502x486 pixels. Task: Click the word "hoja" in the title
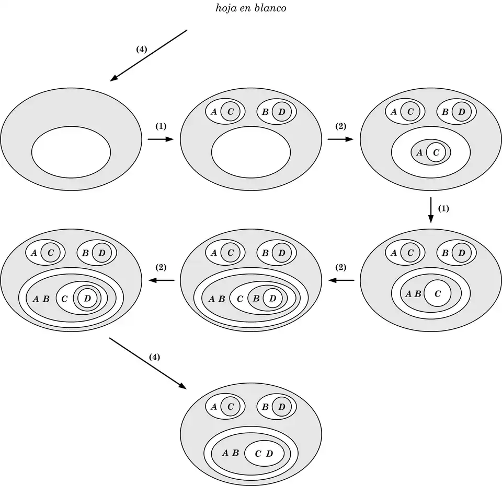coord(226,8)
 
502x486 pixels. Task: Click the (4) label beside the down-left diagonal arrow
coord(141,49)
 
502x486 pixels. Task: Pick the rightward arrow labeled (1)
coord(160,139)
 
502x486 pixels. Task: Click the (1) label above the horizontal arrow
coord(161,126)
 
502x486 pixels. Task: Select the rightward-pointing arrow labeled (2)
coord(340,139)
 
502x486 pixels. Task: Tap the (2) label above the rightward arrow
coord(340,126)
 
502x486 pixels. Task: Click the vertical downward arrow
coord(430,210)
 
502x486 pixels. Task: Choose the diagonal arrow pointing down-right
coord(148,363)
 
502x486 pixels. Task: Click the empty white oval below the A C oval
coord(251,152)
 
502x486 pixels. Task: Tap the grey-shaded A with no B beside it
coord(419,152)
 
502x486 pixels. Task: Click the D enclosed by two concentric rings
coord(87,298)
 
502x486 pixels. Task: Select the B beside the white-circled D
coord(256,298)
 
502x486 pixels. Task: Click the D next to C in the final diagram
coord(269,453)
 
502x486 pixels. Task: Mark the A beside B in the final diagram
coord(225,453)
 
